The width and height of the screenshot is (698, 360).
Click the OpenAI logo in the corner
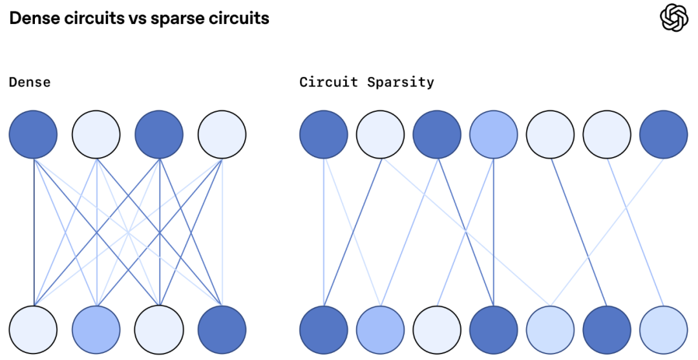pos(674,17)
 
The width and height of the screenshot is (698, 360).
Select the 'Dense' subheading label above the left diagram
pos(30,82)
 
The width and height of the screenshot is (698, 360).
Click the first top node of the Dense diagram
pos(33,134)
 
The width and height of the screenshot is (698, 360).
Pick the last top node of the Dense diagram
pos(222,134)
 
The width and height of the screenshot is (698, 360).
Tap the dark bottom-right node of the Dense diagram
pos(222,330)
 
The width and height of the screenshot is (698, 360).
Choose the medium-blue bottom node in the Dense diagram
pos(96,330)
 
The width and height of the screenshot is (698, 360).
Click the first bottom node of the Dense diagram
pos(33,330)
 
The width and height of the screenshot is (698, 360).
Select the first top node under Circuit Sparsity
pos(324,134)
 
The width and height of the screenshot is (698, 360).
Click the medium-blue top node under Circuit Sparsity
pos(494,134)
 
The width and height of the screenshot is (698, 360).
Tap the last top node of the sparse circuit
pos(663,134)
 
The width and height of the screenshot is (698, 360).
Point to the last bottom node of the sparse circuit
pos(663,330)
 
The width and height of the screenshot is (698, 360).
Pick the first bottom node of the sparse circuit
pos(324,330)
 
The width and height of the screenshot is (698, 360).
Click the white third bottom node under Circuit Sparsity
pos(437,330)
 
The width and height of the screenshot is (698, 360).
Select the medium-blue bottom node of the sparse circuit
pos(381,330)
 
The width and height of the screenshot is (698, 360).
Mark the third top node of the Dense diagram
pos(159,134)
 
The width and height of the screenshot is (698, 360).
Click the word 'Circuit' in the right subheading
pos(328,82)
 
